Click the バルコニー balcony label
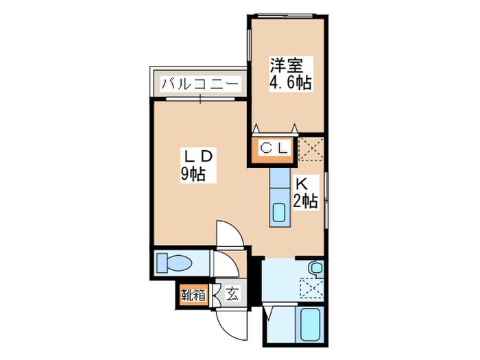(200, 85)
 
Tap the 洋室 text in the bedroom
(286, 67)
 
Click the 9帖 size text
(194, 175)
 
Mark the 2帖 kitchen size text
(305, 201)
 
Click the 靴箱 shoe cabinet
(193, 296)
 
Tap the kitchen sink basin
(279, 213)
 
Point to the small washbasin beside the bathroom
(315, 268)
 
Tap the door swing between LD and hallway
(228, 235)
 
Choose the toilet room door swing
(221, 264)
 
